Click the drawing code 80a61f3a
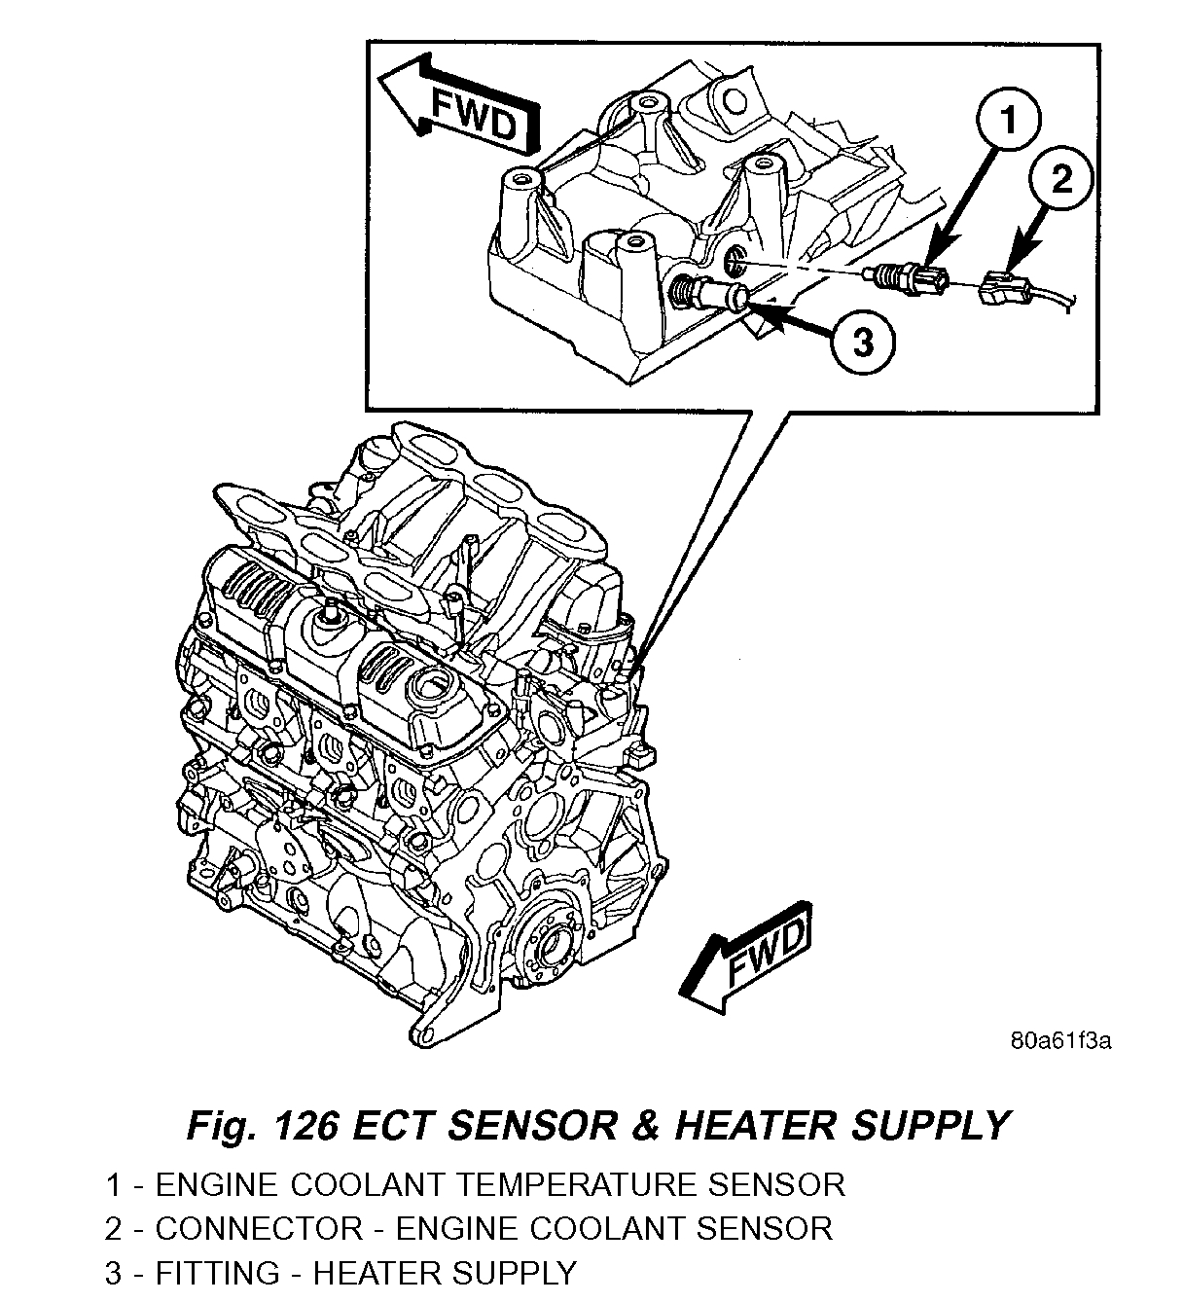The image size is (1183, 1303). [1060, 1041]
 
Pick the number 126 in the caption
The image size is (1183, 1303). [306, 1125]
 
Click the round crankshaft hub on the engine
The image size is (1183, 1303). [552, 939]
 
